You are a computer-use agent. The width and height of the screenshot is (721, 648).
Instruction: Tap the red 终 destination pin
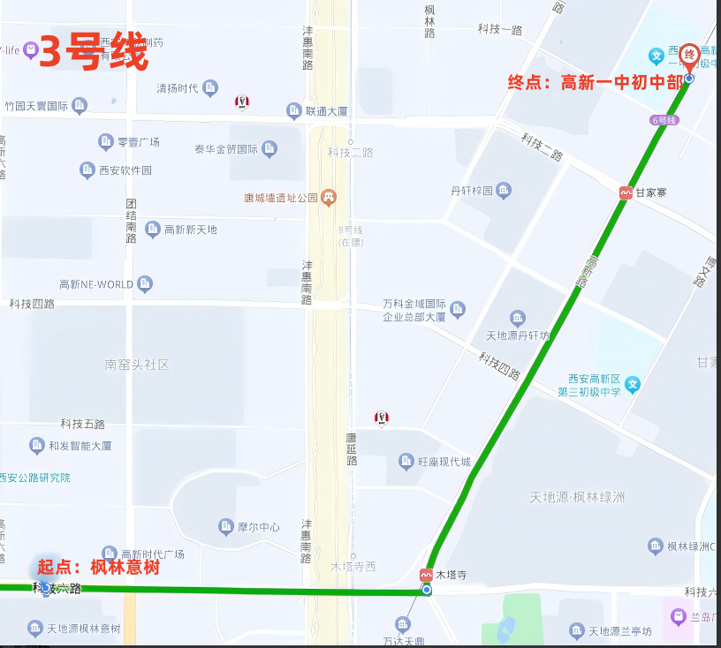tap(689, 55)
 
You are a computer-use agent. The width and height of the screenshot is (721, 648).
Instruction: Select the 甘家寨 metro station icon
tap(626, 192)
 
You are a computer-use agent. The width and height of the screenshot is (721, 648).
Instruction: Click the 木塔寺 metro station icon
tap(427, 574)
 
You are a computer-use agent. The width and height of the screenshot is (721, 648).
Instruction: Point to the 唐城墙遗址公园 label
tap(280, 198)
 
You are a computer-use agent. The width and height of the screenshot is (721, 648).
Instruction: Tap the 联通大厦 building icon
tap(294, 110)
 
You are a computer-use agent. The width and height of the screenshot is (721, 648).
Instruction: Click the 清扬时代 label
tap(177, 88)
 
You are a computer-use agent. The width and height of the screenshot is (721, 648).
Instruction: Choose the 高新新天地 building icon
tap(152, 230)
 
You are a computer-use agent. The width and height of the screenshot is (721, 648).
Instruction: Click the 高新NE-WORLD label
tap(96, 284)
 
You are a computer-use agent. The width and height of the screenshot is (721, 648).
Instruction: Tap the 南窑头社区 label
tap(136, 364)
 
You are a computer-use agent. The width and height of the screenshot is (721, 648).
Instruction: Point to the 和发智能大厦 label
tap(80, 446)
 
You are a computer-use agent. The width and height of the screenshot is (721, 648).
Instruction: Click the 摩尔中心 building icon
tap(225, 527)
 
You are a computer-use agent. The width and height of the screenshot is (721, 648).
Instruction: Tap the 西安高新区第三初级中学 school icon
tap(632, 384)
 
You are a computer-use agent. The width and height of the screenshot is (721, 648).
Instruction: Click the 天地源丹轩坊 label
tap(518, 335)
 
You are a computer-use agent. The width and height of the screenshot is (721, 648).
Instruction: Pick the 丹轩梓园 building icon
tap(503, 190)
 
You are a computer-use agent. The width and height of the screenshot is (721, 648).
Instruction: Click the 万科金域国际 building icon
tap(457, 308)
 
